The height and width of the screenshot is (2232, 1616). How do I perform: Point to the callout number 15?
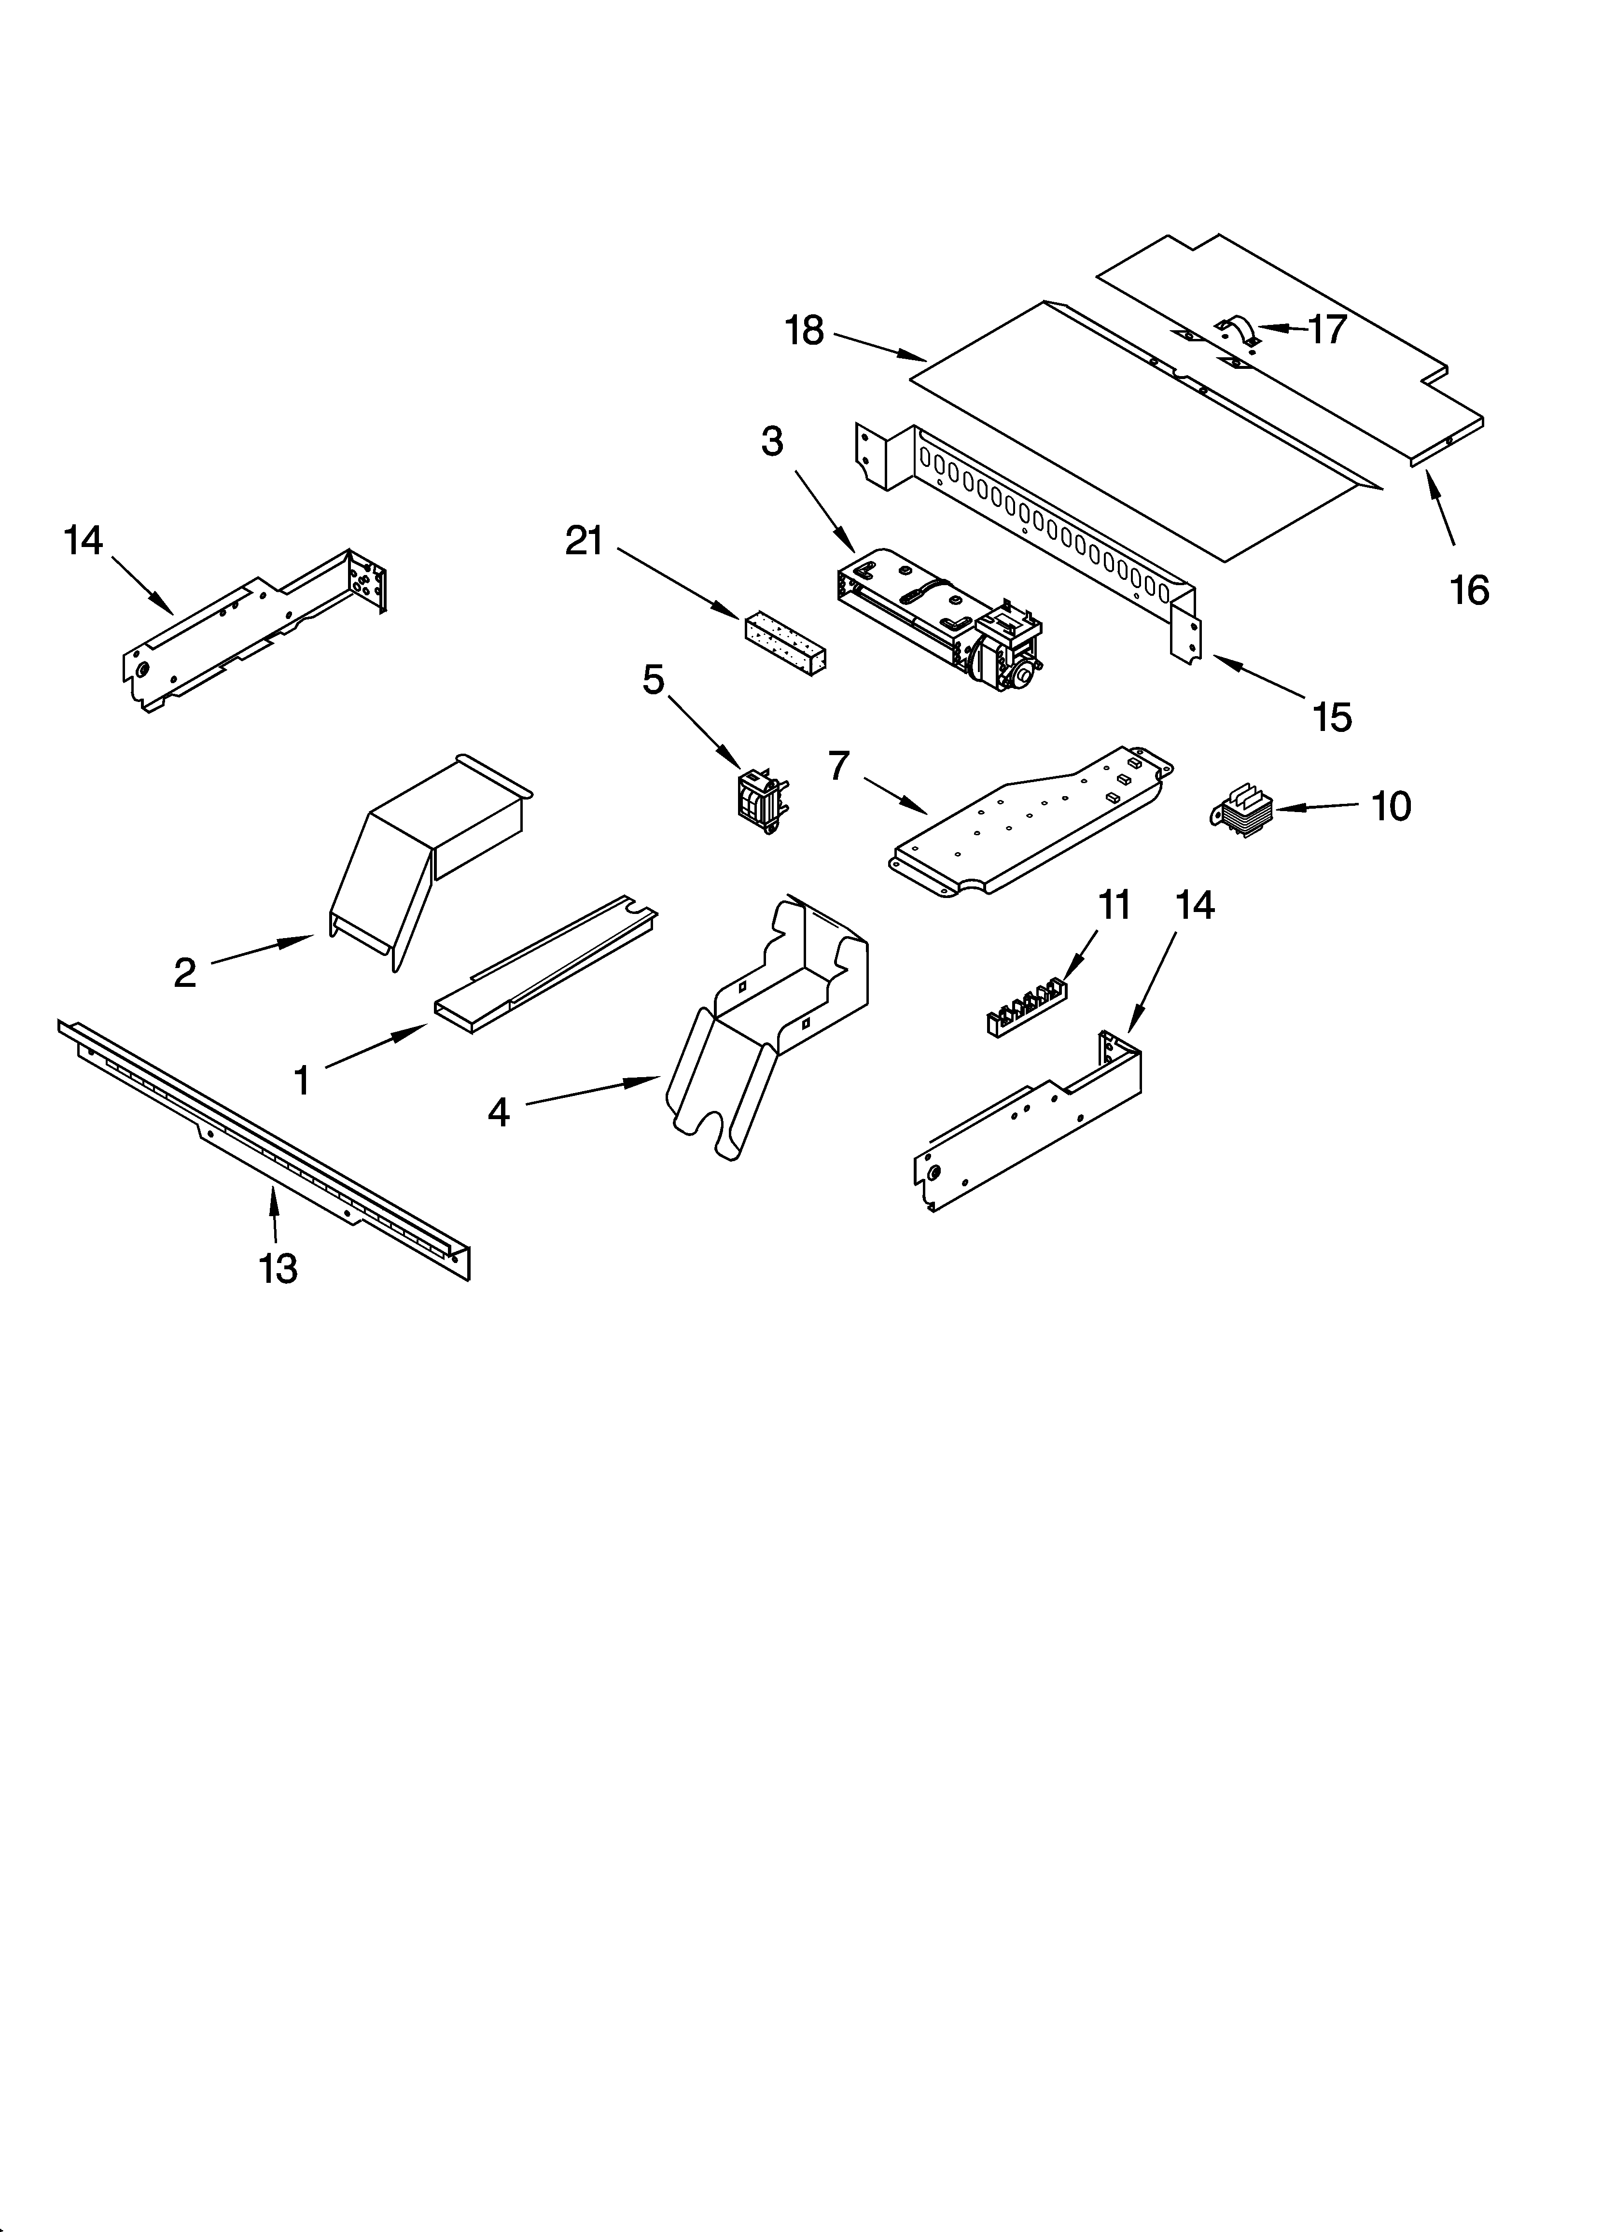tap(1332, 717)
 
